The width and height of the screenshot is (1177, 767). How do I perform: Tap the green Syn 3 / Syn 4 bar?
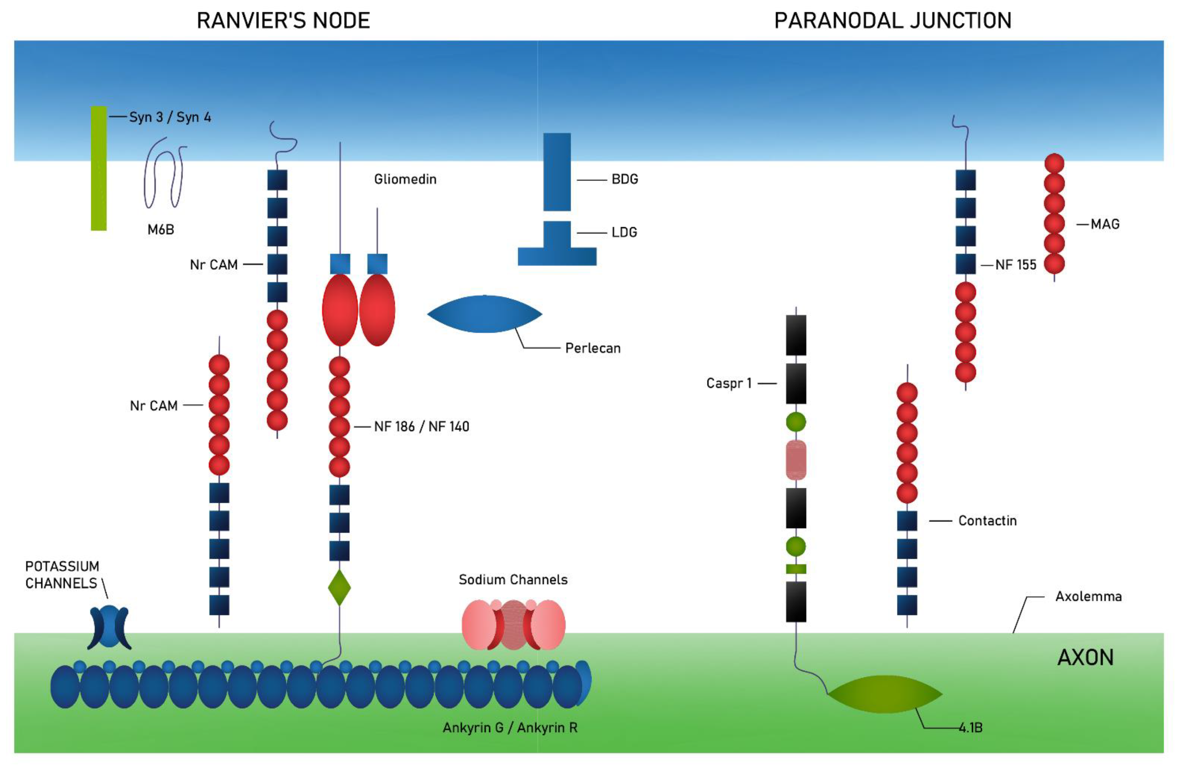(x=98, y=168)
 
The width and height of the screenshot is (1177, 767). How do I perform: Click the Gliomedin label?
(x=405, y=179)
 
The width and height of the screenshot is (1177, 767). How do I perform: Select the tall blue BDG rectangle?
(x=557, y=172)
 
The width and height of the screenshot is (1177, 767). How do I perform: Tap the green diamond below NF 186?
(x=339, y=587)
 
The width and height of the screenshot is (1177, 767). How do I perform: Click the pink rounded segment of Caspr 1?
(x=796, y=460)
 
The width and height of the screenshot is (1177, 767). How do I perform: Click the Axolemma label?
(x=1088, y=596)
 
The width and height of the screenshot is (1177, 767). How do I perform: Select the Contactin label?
(x=987, y=521)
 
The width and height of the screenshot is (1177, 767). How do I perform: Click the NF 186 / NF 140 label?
(x=421, y=426)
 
